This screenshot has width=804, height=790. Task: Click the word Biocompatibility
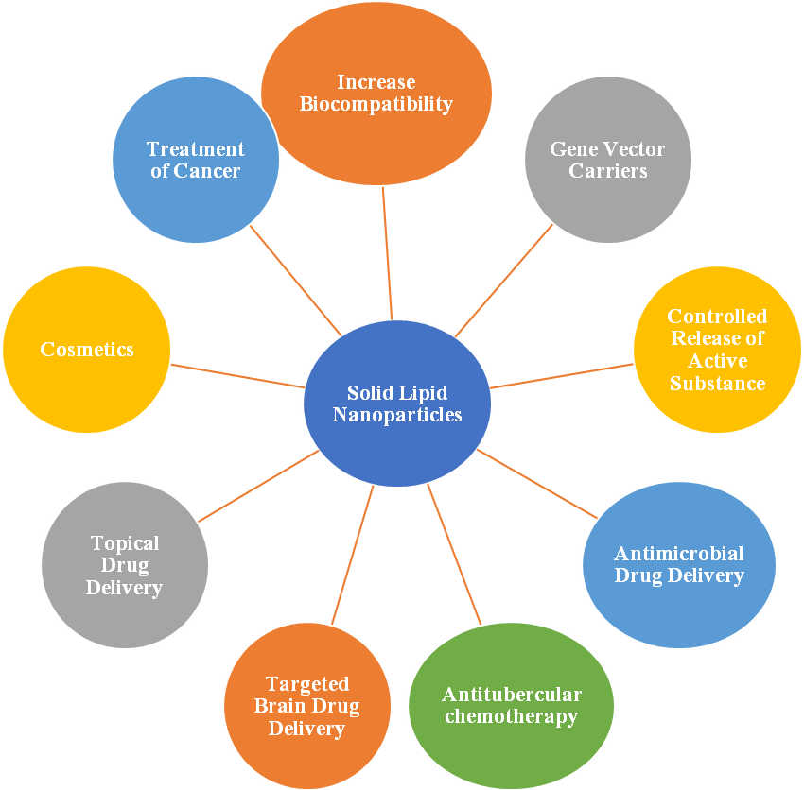pyautogui.click(x=376, y=104)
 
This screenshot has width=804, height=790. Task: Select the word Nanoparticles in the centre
pyautogui.click(x=397, y=414)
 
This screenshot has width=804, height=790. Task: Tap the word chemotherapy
pyautogui.click(x=511, y=716)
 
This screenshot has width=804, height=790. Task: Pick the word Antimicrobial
pyautogui.click(x=679, y=553)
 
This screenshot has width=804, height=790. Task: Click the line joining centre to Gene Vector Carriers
pyautogui.click(x=504, y=280)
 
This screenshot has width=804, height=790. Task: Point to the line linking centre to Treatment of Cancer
pyautogui.click(x=295, y=280)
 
